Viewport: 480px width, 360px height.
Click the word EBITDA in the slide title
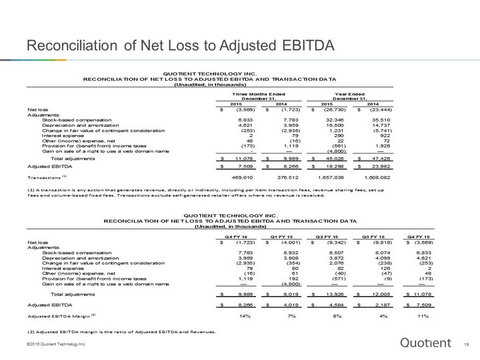pos(308,45)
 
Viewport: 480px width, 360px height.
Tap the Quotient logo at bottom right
pos(425,343)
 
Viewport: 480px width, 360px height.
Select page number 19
pos(466,344)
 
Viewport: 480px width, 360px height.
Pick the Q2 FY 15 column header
pos(327,237)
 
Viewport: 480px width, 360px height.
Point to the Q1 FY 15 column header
pos(282,237)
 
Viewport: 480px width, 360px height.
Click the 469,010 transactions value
pos(243,177)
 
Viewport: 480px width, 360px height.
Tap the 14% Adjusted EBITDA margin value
pos(245,316)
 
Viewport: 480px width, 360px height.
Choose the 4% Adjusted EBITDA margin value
pos(383,316)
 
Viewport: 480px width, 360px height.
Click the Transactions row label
pos(44,177)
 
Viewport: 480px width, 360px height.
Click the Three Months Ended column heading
pos(259,94)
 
